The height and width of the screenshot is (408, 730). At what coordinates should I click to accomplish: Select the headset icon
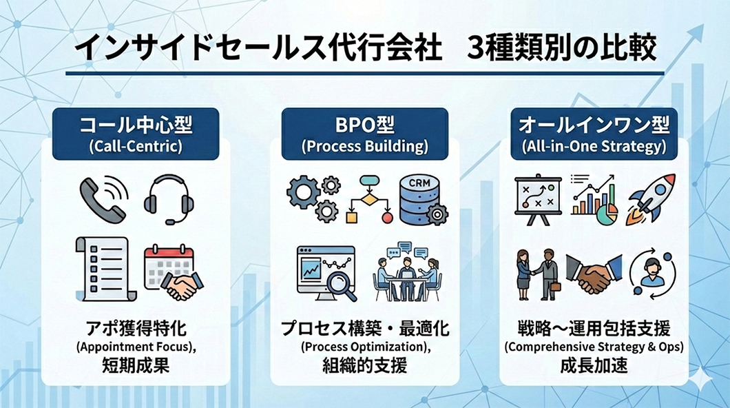click(169, 199)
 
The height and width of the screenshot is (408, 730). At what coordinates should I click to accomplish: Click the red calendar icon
click(168, 265)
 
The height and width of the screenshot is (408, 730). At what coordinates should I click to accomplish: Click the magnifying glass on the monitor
click(342, 285)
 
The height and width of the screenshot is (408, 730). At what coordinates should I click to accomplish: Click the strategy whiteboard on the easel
click(538, 199)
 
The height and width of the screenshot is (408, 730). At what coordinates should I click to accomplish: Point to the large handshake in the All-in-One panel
click(594, 274)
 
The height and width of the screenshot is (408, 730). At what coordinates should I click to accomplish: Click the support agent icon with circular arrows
click(651, 273)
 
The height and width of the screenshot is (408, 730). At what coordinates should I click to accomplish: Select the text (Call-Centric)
click(136, 146)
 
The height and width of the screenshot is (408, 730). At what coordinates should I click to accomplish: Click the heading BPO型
click(365, 125)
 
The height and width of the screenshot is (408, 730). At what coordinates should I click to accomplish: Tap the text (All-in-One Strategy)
click(594, 146)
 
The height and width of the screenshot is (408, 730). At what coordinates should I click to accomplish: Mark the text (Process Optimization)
click(366, 347)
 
